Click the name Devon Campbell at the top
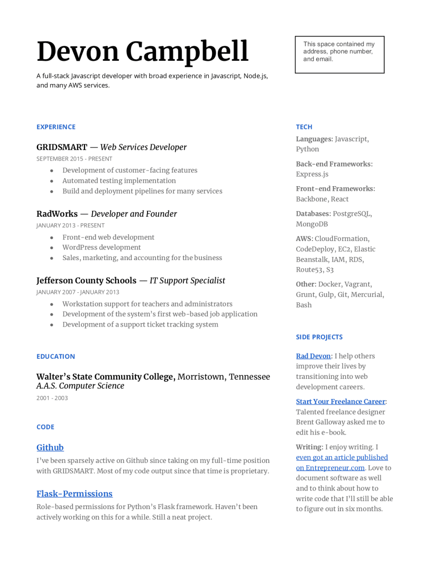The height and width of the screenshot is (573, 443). (142, 52)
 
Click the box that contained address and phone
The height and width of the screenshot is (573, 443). (339, 54)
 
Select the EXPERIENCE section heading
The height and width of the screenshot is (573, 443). (56, 127)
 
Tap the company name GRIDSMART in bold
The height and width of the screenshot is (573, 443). (61, 147)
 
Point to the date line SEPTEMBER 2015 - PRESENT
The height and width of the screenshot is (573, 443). (74, 159)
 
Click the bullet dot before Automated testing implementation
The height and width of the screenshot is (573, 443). (52, 181)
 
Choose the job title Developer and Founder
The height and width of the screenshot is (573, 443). (134, 214)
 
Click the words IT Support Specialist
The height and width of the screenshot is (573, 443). (187, 281)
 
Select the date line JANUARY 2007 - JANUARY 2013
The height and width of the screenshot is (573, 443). (78, 292)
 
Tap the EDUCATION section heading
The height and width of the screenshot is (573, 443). (55, 356)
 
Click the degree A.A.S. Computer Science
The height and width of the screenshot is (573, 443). (80, 386)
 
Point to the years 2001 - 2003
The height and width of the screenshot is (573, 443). (52, 398)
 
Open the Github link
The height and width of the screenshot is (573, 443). (50, 448)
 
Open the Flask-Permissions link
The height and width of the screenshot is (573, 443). (75, 494)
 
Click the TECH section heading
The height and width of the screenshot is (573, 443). (304, 127)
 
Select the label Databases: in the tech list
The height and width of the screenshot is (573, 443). (313, 214)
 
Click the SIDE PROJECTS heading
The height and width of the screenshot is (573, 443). (319, 337)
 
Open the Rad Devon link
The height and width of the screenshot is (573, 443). (313, 356)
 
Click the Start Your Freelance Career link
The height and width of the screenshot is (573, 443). (340, 401)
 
